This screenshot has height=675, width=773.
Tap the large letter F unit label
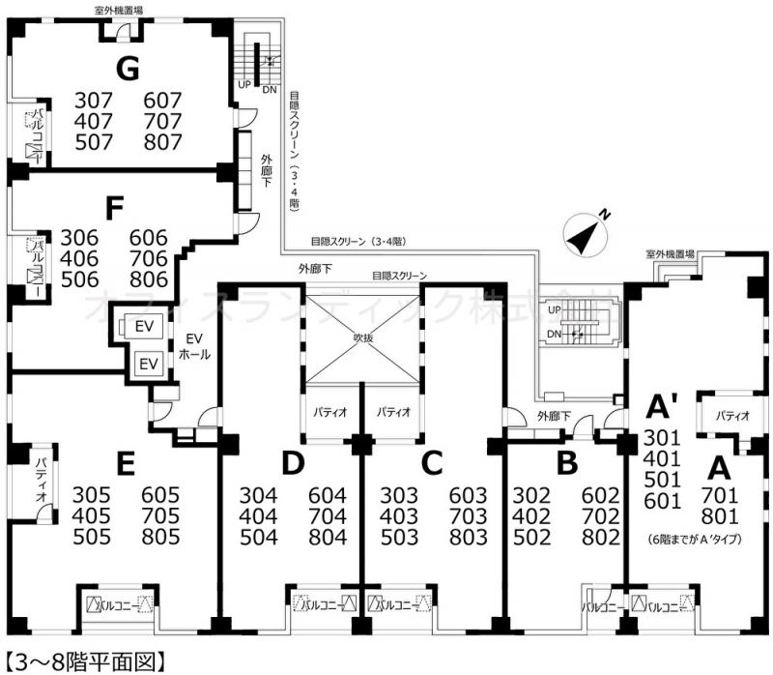pos(115,208)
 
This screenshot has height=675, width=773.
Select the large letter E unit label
pos(124,465)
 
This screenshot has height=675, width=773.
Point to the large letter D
pos(293,465)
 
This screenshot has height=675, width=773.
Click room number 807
pos(162,141)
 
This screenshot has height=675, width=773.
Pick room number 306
pos(79,237)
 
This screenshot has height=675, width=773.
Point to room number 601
pos(664,501)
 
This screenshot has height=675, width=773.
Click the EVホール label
pos(194,347)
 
